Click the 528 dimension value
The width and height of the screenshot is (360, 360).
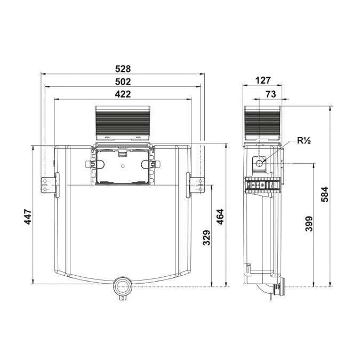(x=123, y=69)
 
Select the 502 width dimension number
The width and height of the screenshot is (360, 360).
(x=123, y=82)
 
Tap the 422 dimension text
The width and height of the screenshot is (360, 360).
(x=123, y=94)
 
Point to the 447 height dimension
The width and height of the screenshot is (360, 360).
(x=28, y=217)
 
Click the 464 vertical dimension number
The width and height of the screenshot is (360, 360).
(x=220, y=217)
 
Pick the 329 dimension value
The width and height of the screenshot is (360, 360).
(x=206, y=238)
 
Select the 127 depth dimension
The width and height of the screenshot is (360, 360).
(x=263, y=81)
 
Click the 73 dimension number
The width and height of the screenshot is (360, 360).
(x=271, y=94)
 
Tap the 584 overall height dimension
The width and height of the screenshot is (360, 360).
(x=325, y=194)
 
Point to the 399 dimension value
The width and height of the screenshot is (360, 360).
(x=309, y=223)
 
